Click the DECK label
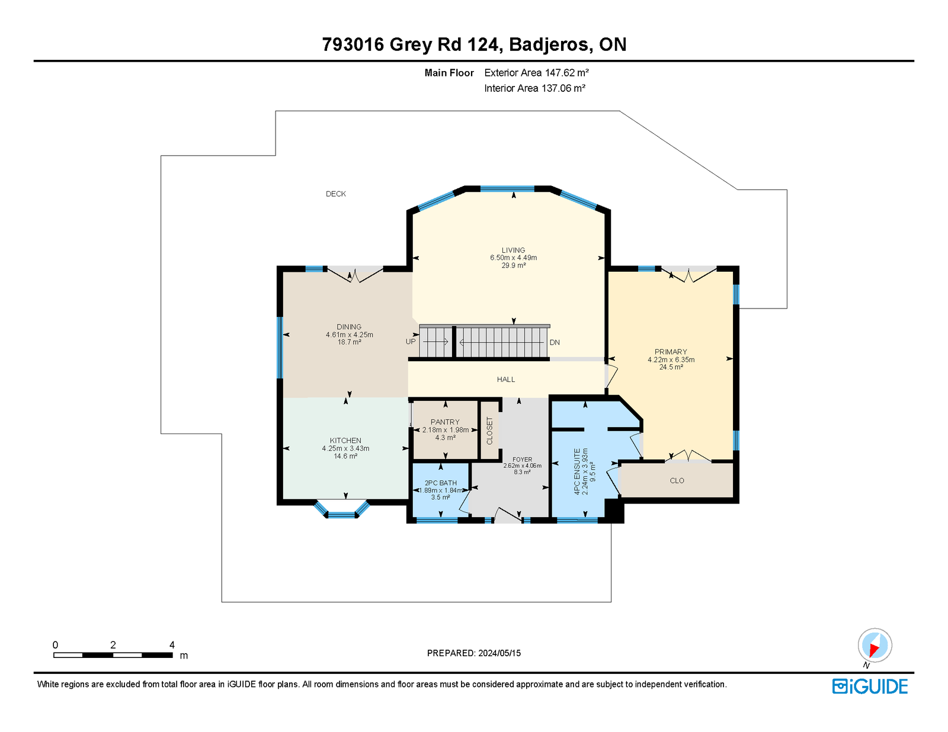coord(335,194)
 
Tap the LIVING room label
coord(513,251)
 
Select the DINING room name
coord(349,326)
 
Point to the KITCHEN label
coord(345,441)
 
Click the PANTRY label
coord(445,422)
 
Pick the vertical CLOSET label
coord(489,431)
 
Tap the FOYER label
coord(522,460)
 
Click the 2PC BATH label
coord(441,483)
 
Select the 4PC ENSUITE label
coord(577,471)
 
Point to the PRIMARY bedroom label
coord(671,351)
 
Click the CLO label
coord(677,480)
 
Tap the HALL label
coord(505,379)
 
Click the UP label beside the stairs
coord(411,341)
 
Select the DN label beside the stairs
coord(555,342)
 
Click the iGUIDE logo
coord(869,686)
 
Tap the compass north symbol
coord(875,646)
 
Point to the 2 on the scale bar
coord(113,645)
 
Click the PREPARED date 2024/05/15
coord(499,653)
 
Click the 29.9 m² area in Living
coord(513,265)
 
